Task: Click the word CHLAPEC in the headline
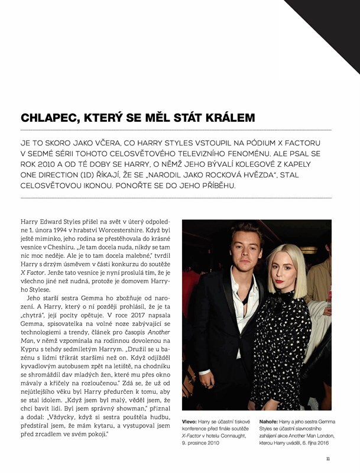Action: pyautogui.click(x=47, y=118)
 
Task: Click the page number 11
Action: pyautogui.click(x=328, y=457)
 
